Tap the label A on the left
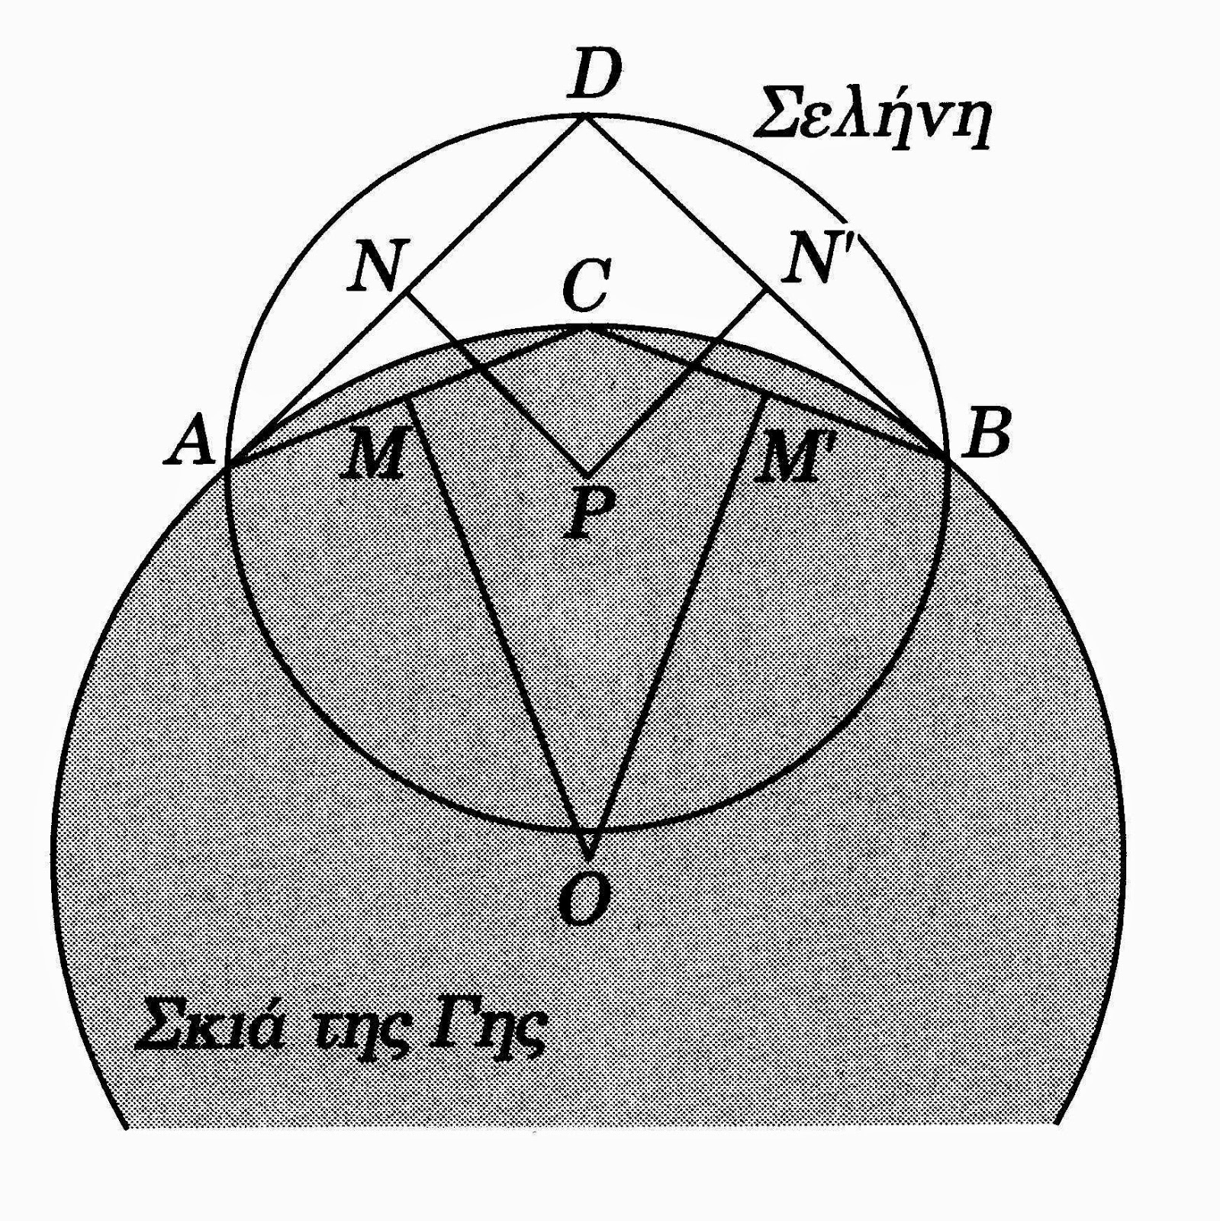pyautogui.click(x=190, y=443)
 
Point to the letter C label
pyautogui.click(x=586, y=285)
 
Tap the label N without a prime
pyautogui.click(x=378, y=266)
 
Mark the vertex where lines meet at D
pyautogui.click(x=586, y=116)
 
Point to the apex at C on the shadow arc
pyautogui.click(x=586, y=327)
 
